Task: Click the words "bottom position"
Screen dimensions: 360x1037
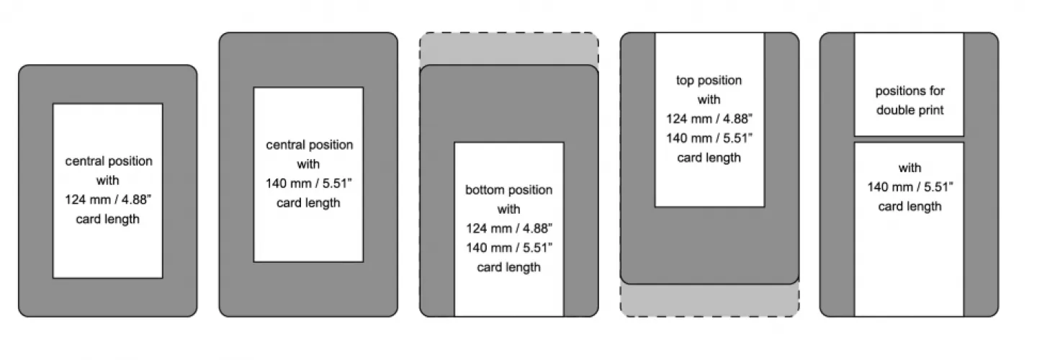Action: point(508,190)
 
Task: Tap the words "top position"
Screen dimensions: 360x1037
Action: point(709,80)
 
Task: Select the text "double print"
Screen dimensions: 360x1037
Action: point(910,110)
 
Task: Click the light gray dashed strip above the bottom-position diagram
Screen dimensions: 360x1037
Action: point(508,49)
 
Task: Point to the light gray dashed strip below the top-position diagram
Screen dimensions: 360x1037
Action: point(709,300)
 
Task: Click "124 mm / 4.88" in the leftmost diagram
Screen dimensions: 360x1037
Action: point(107,199)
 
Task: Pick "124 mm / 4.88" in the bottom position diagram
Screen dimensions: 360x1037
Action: point(508,229)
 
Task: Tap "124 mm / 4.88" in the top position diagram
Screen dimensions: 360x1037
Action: point(709,119)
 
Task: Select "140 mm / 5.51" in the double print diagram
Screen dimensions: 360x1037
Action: point(910,187)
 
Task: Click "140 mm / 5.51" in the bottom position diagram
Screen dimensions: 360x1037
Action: point(508,248)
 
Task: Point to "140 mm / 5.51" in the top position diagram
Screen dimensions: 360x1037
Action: point(709,138)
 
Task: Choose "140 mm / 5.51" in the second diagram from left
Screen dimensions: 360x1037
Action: point(308,184)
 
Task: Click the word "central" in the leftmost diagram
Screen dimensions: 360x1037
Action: point(84,161)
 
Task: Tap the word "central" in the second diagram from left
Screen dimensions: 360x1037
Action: point(285,145)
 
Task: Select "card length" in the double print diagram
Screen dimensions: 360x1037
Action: point(910,207)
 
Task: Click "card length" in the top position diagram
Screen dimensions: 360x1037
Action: point(709,158)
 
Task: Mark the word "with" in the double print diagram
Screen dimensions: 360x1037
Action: point(910,168)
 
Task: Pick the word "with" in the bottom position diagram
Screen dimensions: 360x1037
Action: point(508,210)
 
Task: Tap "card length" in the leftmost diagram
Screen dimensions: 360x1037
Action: point(107,219)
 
